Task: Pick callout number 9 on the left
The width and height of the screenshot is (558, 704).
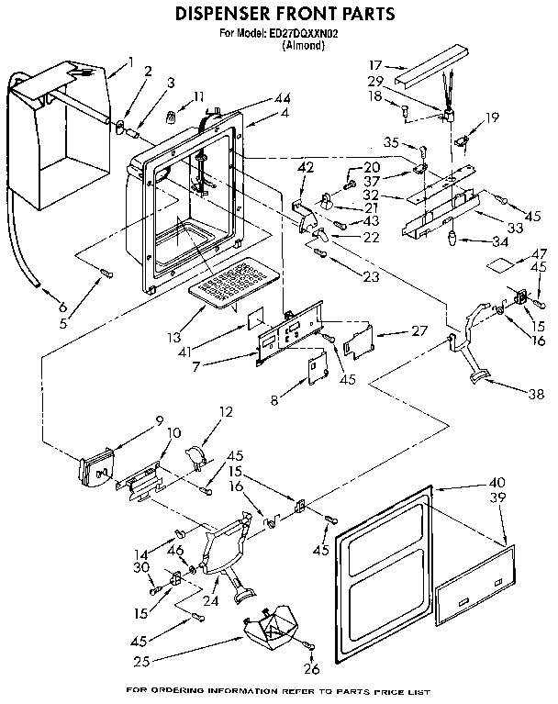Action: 159,420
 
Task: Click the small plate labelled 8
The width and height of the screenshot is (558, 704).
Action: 318,368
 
